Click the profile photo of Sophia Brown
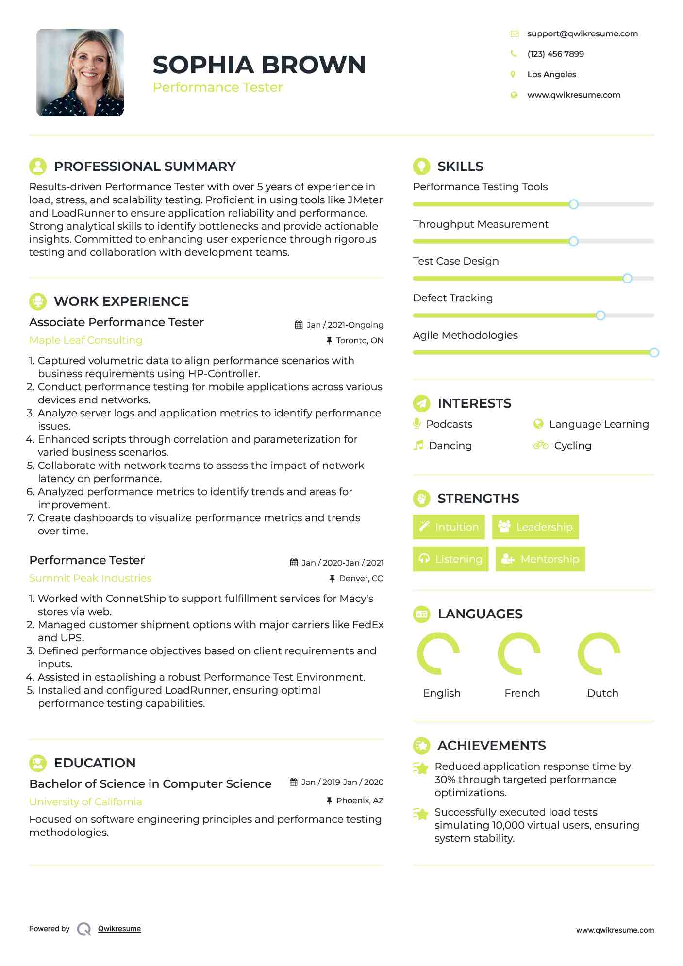pos(80,72)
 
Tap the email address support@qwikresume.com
pos(582,33)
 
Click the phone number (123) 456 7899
pos(555,54)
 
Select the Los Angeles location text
pos(551,74)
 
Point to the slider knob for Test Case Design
pos(627,278)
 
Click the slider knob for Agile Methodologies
pos(654,352)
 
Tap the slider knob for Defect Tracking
pos(600,316)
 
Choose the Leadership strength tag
pos(535,527)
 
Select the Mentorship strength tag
pos(540,559)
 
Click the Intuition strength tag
pos(449,527)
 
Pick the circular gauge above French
pos(519,653)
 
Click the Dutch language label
pos(602,693)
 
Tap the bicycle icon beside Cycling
pos(540,445)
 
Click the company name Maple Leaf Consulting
pos(86,340)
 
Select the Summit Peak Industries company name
pos(90,578)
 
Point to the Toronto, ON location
pos(359,340)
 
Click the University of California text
pos(86,802)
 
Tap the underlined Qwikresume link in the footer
pos(119,929)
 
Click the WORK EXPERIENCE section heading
pos(121,301)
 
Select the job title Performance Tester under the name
pos(217,87)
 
